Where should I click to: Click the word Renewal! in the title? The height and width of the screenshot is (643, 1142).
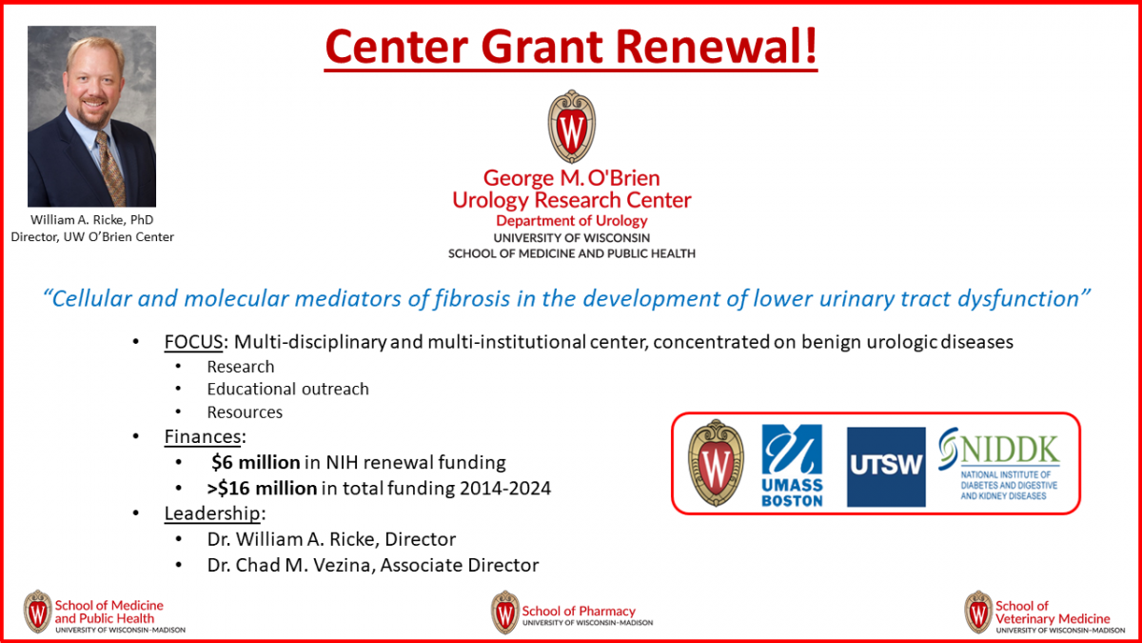[717, 46]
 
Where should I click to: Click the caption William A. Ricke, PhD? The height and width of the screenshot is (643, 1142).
[91, 219]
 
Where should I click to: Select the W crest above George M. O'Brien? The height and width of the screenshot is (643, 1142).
[572, 126]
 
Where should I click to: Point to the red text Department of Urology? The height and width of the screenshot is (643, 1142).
[572, 220]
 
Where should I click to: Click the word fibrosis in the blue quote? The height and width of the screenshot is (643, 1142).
[472, 298]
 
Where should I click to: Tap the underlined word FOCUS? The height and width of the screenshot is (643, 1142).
[193, 341]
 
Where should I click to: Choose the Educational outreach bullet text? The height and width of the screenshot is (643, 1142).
[287, 389]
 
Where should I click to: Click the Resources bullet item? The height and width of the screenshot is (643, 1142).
[245, 412]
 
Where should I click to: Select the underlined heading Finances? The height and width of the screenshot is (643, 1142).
[203, 437]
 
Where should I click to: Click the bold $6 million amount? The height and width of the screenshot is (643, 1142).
[255, 462]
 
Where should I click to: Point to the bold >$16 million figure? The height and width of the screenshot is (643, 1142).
[262, 489]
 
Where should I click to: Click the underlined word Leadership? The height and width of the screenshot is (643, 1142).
[212, 513]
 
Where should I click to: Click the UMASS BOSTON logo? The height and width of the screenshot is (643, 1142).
[792, 466]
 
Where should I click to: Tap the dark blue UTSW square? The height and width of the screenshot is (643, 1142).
[886, 467]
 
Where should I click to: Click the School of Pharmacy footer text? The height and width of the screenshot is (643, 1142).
[579, 611]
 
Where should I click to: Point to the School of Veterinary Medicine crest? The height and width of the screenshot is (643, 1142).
[978, 612]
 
